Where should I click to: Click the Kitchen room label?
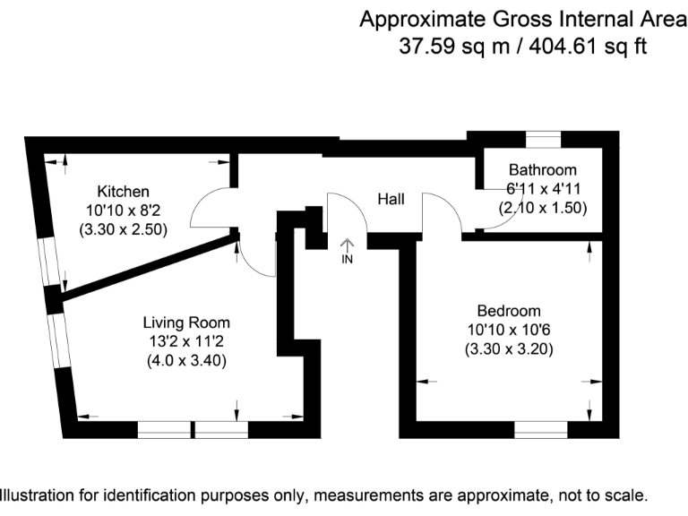[123, 192]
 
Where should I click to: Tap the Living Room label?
[186, 322]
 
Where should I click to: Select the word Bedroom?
[508, 311]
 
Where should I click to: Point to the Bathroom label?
[542, 169]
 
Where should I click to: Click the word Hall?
[391, 199]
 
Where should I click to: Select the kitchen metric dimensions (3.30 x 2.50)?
[123, 229]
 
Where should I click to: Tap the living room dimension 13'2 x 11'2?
[186, 342]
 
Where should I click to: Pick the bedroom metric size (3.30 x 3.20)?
[508, 349]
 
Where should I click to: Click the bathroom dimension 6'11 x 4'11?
[542, 188]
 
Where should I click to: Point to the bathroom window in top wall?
[543, 137]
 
